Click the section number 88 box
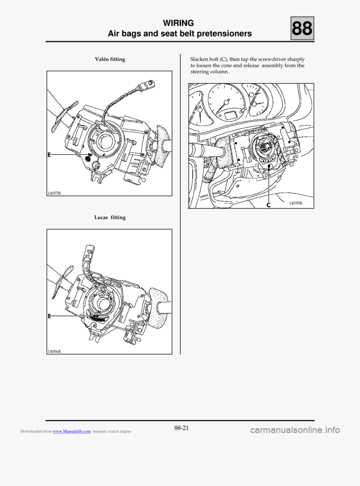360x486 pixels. click(x=302, y=29)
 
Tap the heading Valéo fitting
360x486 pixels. click(x=110, y=60)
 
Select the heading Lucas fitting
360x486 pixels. click(x=110, y=218)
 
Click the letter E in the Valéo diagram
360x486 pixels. click(x=50, y=154)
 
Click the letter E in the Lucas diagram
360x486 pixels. click(x=50, y=316)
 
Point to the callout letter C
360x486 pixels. click(x=269, y=204)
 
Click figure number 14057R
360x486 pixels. click(x=54, y=193)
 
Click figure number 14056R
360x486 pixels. click(x=54, y=351)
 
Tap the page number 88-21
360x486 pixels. click(x=181, y=428)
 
